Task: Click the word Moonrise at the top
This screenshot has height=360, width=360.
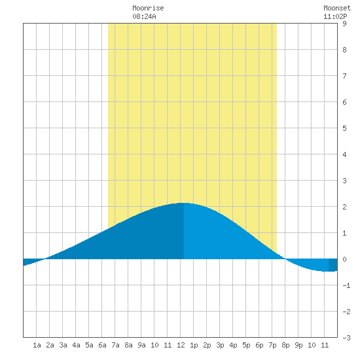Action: [148, 8]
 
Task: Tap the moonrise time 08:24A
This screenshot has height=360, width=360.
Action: [144, 16]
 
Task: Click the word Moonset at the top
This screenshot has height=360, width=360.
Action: [337, 8]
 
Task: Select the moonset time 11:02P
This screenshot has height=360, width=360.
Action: [335, 16]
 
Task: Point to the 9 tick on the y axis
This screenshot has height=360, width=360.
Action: [344, 24]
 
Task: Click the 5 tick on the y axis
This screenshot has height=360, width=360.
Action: [344, 128]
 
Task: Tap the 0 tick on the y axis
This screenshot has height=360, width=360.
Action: [344, 259]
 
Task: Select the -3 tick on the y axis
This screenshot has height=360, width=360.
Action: [346, 338]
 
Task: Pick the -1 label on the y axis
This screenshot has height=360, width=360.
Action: [346, 285]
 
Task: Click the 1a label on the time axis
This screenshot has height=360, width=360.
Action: [37, 345]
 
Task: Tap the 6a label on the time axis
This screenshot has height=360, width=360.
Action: [102, 345]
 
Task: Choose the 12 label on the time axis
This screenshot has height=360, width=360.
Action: [181, 345]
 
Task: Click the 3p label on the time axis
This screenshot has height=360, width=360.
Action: [220, 345]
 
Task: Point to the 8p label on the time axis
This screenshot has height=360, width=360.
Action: [285, 345]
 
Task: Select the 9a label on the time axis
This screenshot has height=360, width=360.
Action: [141, 345]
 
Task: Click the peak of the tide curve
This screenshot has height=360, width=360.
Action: [184, 203]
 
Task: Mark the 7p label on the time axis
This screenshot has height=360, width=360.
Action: [272, 345]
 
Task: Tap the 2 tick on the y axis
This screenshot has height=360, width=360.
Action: [344, 207]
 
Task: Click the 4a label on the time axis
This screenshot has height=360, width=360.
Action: [76, 345]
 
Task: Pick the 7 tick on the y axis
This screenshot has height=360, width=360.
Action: [344, 76]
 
